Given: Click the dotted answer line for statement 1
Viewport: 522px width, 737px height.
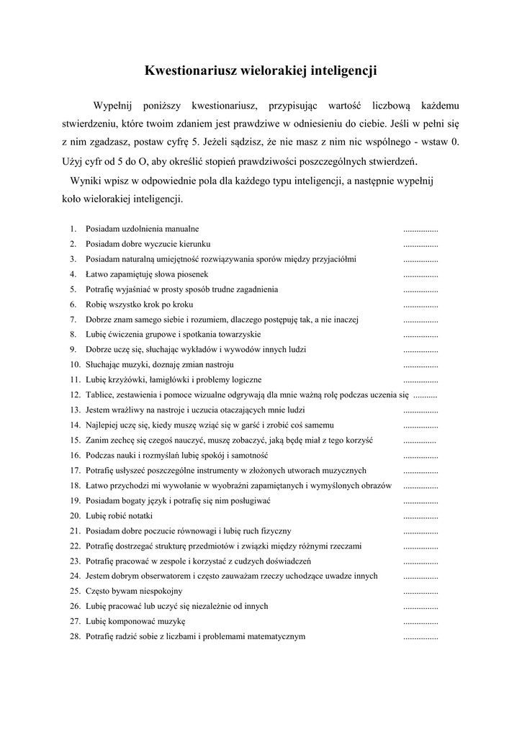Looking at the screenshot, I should [x=420, y=229].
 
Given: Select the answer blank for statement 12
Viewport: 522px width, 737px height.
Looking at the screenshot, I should [x=426, y=395].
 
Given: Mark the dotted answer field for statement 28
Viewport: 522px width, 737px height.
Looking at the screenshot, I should [x=420, y=637].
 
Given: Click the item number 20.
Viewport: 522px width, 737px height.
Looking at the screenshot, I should [x=74, y=516].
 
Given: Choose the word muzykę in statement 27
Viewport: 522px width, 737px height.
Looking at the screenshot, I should [x=171, y=622].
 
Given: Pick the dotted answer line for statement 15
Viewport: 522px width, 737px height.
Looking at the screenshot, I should [x=420, y=440].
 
